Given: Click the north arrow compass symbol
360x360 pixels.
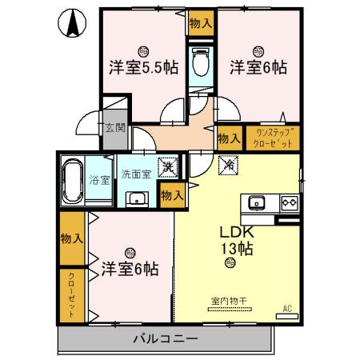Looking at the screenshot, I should (x=72, y=23).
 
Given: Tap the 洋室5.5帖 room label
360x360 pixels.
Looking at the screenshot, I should (x=143, y=67).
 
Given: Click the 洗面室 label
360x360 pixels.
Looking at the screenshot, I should (x=135, y=174).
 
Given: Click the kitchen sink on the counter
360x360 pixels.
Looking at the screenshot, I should (x=259, y=202).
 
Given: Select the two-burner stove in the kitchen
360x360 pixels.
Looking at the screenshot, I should (x=287, y=202).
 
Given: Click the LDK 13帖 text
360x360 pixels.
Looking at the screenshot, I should (x=237, y=239).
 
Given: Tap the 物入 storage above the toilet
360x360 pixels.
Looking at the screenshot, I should (x=200, y=24).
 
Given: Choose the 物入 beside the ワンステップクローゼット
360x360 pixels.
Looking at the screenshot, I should (x=229, y=138).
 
